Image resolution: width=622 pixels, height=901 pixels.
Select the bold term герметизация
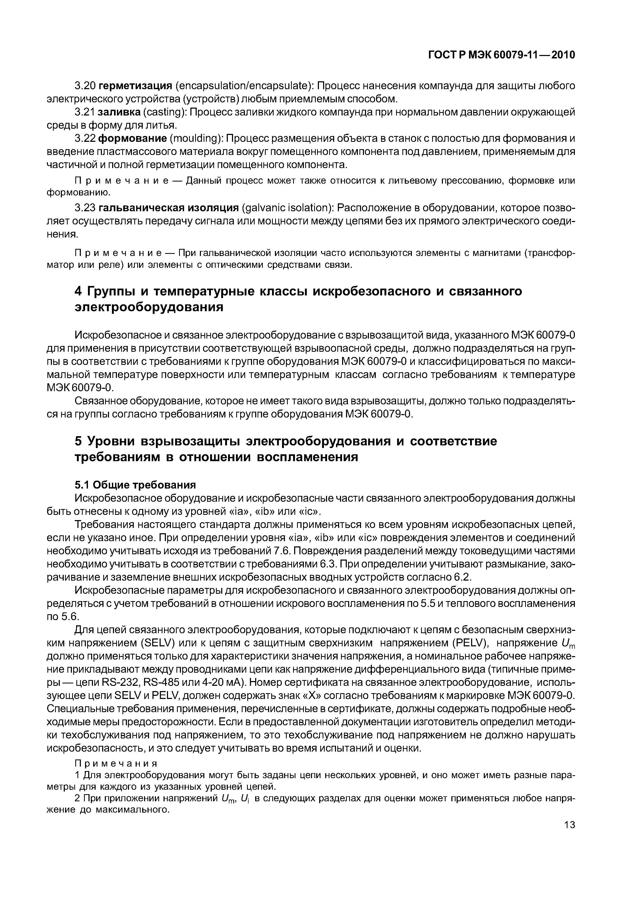point(135,86)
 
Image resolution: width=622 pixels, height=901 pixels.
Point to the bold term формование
point(132,139)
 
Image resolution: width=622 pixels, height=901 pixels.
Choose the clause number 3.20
point(85,86)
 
